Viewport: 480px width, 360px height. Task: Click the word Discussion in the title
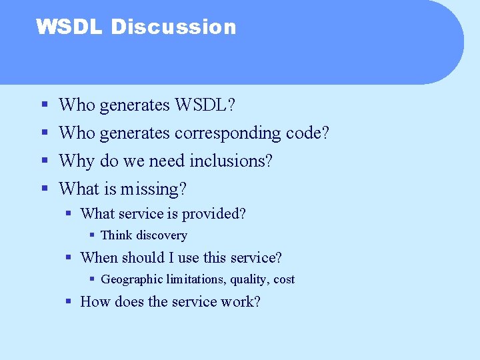(173, 27)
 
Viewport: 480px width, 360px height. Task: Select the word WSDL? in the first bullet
(205, 105)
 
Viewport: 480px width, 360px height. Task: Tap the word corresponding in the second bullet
(227, 133)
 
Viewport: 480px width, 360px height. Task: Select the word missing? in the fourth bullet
(154, 189)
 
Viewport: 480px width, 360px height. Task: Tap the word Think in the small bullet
(117, 235)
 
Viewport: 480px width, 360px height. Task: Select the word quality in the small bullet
(245, 279)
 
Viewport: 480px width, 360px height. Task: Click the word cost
(284, 279)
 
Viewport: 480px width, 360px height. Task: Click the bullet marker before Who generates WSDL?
(44, 105)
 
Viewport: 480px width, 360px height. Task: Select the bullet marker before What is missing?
(44, 189)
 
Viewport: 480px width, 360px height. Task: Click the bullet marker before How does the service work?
(69, 302)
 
